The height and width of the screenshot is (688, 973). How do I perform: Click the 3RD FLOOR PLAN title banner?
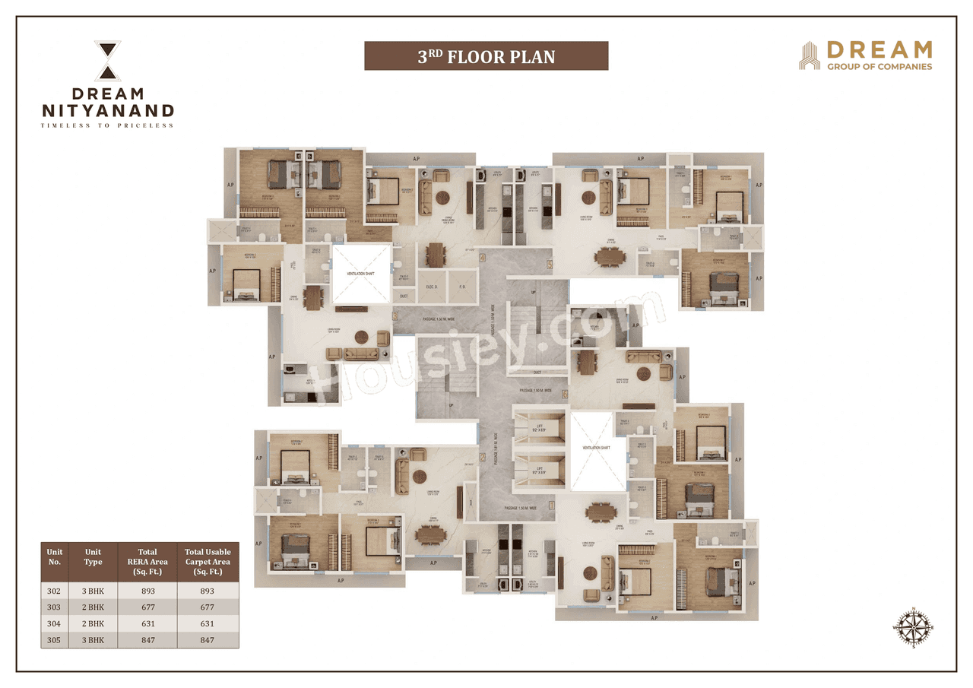pos(486,56)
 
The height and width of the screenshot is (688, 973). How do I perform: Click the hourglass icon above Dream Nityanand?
pos(107,62)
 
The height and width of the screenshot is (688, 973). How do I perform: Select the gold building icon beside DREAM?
pos(810,55)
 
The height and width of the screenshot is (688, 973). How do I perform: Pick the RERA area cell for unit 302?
pos(147,591)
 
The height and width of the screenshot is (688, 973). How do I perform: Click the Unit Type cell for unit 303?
pos(93,607)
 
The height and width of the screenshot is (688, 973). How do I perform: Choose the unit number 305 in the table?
pos(54,640)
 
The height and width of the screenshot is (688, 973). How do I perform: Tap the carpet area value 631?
pos(208,624)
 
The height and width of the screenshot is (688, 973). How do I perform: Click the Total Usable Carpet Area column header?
pos(208,561)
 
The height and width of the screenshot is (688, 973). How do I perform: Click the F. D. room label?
pos(461,287)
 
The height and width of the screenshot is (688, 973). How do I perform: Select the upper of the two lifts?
pos(540,429)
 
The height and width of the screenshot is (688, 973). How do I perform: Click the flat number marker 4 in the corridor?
pos(482,258)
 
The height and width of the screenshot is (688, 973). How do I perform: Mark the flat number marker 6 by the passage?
pos(564,395)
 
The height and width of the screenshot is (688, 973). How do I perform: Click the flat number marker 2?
pos(482,458)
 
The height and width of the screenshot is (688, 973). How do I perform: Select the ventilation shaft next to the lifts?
pos(597,451)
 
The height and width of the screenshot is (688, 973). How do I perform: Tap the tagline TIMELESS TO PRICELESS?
pos(107,125)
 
